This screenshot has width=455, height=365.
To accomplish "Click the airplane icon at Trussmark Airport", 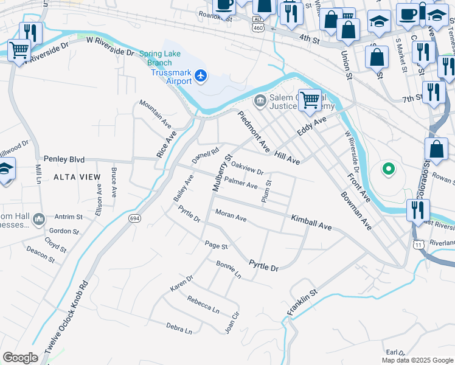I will pos(202,77).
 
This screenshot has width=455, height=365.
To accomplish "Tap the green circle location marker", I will pos(387,169).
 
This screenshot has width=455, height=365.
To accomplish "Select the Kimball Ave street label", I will pos(311,222).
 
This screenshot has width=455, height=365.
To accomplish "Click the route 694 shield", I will pos(134,218).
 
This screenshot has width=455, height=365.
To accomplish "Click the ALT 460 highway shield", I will pos(259,23).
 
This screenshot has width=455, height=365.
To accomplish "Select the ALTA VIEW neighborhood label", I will pos(77,176).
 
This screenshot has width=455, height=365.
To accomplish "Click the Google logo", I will pos(20,358).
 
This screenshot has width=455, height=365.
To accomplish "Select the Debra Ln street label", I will pos(179,328).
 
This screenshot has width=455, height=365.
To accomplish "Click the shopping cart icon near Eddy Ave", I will pos(310,99).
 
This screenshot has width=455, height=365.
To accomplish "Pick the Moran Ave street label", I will pos(231,215).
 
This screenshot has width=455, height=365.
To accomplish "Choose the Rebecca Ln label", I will pos(203,304).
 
